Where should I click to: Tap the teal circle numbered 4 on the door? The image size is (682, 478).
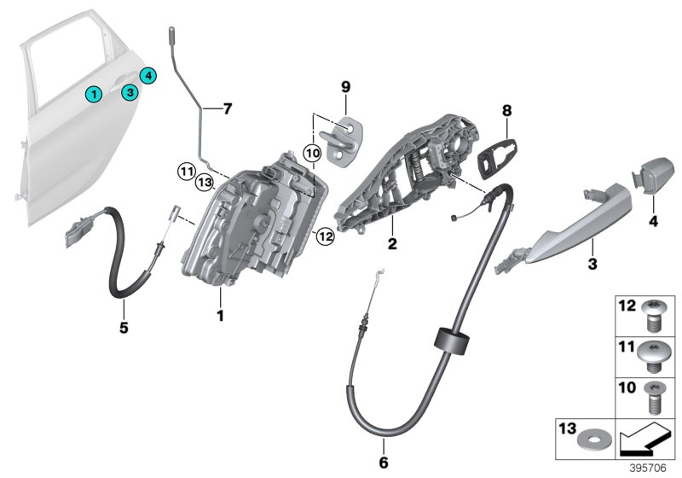tap(147, 76)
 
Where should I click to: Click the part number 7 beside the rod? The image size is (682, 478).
tap(227, 109)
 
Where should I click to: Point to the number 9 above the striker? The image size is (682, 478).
tap(346, 87)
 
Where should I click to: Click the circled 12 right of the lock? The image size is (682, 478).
tap(324, 235)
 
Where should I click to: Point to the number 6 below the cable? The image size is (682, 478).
tap(383, 463)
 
